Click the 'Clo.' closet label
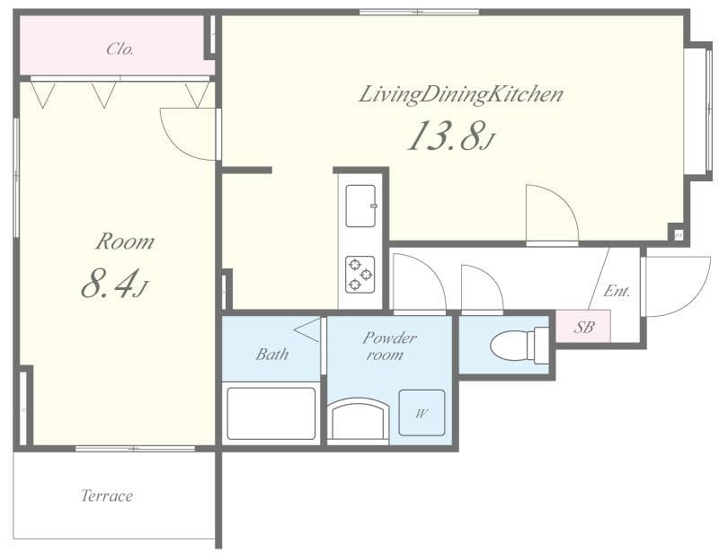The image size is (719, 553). [x=120, y=49]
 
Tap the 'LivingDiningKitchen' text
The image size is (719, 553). [x=460, y=94]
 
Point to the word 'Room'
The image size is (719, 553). [x=125, y=241]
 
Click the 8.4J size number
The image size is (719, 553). [x=113, y=284]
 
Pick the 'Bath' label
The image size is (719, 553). [x=271, y=355]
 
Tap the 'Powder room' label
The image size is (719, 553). [x=389, y=346]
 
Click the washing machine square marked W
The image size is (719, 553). [x=422, y=413]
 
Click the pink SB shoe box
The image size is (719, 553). [x=583, y=327]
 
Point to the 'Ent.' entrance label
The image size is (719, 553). [x=617, y=291]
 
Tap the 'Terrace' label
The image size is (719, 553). [x=107, y=496]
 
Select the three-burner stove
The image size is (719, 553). [x=360, y=274]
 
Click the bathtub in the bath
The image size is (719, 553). [x=271, y=414]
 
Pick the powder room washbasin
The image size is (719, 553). [x=359, y=420]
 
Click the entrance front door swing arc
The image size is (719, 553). [x=676, y=285]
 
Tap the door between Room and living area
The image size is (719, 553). [x=189, y=134]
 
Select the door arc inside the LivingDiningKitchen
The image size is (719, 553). [x=550, y=214]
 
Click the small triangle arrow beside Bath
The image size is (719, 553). [x=307, y=330]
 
